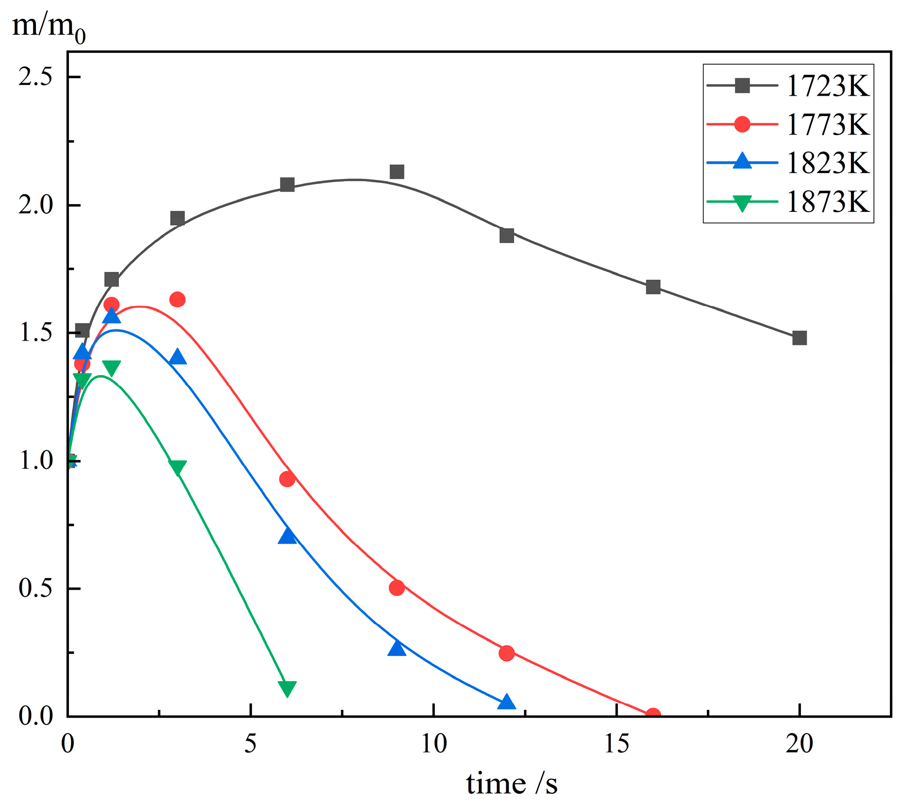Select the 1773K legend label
[x=827, y=124]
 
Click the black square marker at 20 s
[x=799, y=338]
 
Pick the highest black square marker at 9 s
[x=397, y=171]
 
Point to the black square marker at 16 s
[x=653, y=287]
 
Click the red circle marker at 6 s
[x=287, y=479]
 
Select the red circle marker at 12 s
[x=506, y=653]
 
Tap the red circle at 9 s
[x=397, y=588]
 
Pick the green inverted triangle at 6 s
[x=287, y=688]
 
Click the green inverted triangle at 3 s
[x=177, y=467]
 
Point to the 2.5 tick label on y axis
[x=35, y=77]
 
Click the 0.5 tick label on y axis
[x=35, y=588]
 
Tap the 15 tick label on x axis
[x=616, y=744]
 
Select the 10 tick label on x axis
[x=433, y=744]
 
